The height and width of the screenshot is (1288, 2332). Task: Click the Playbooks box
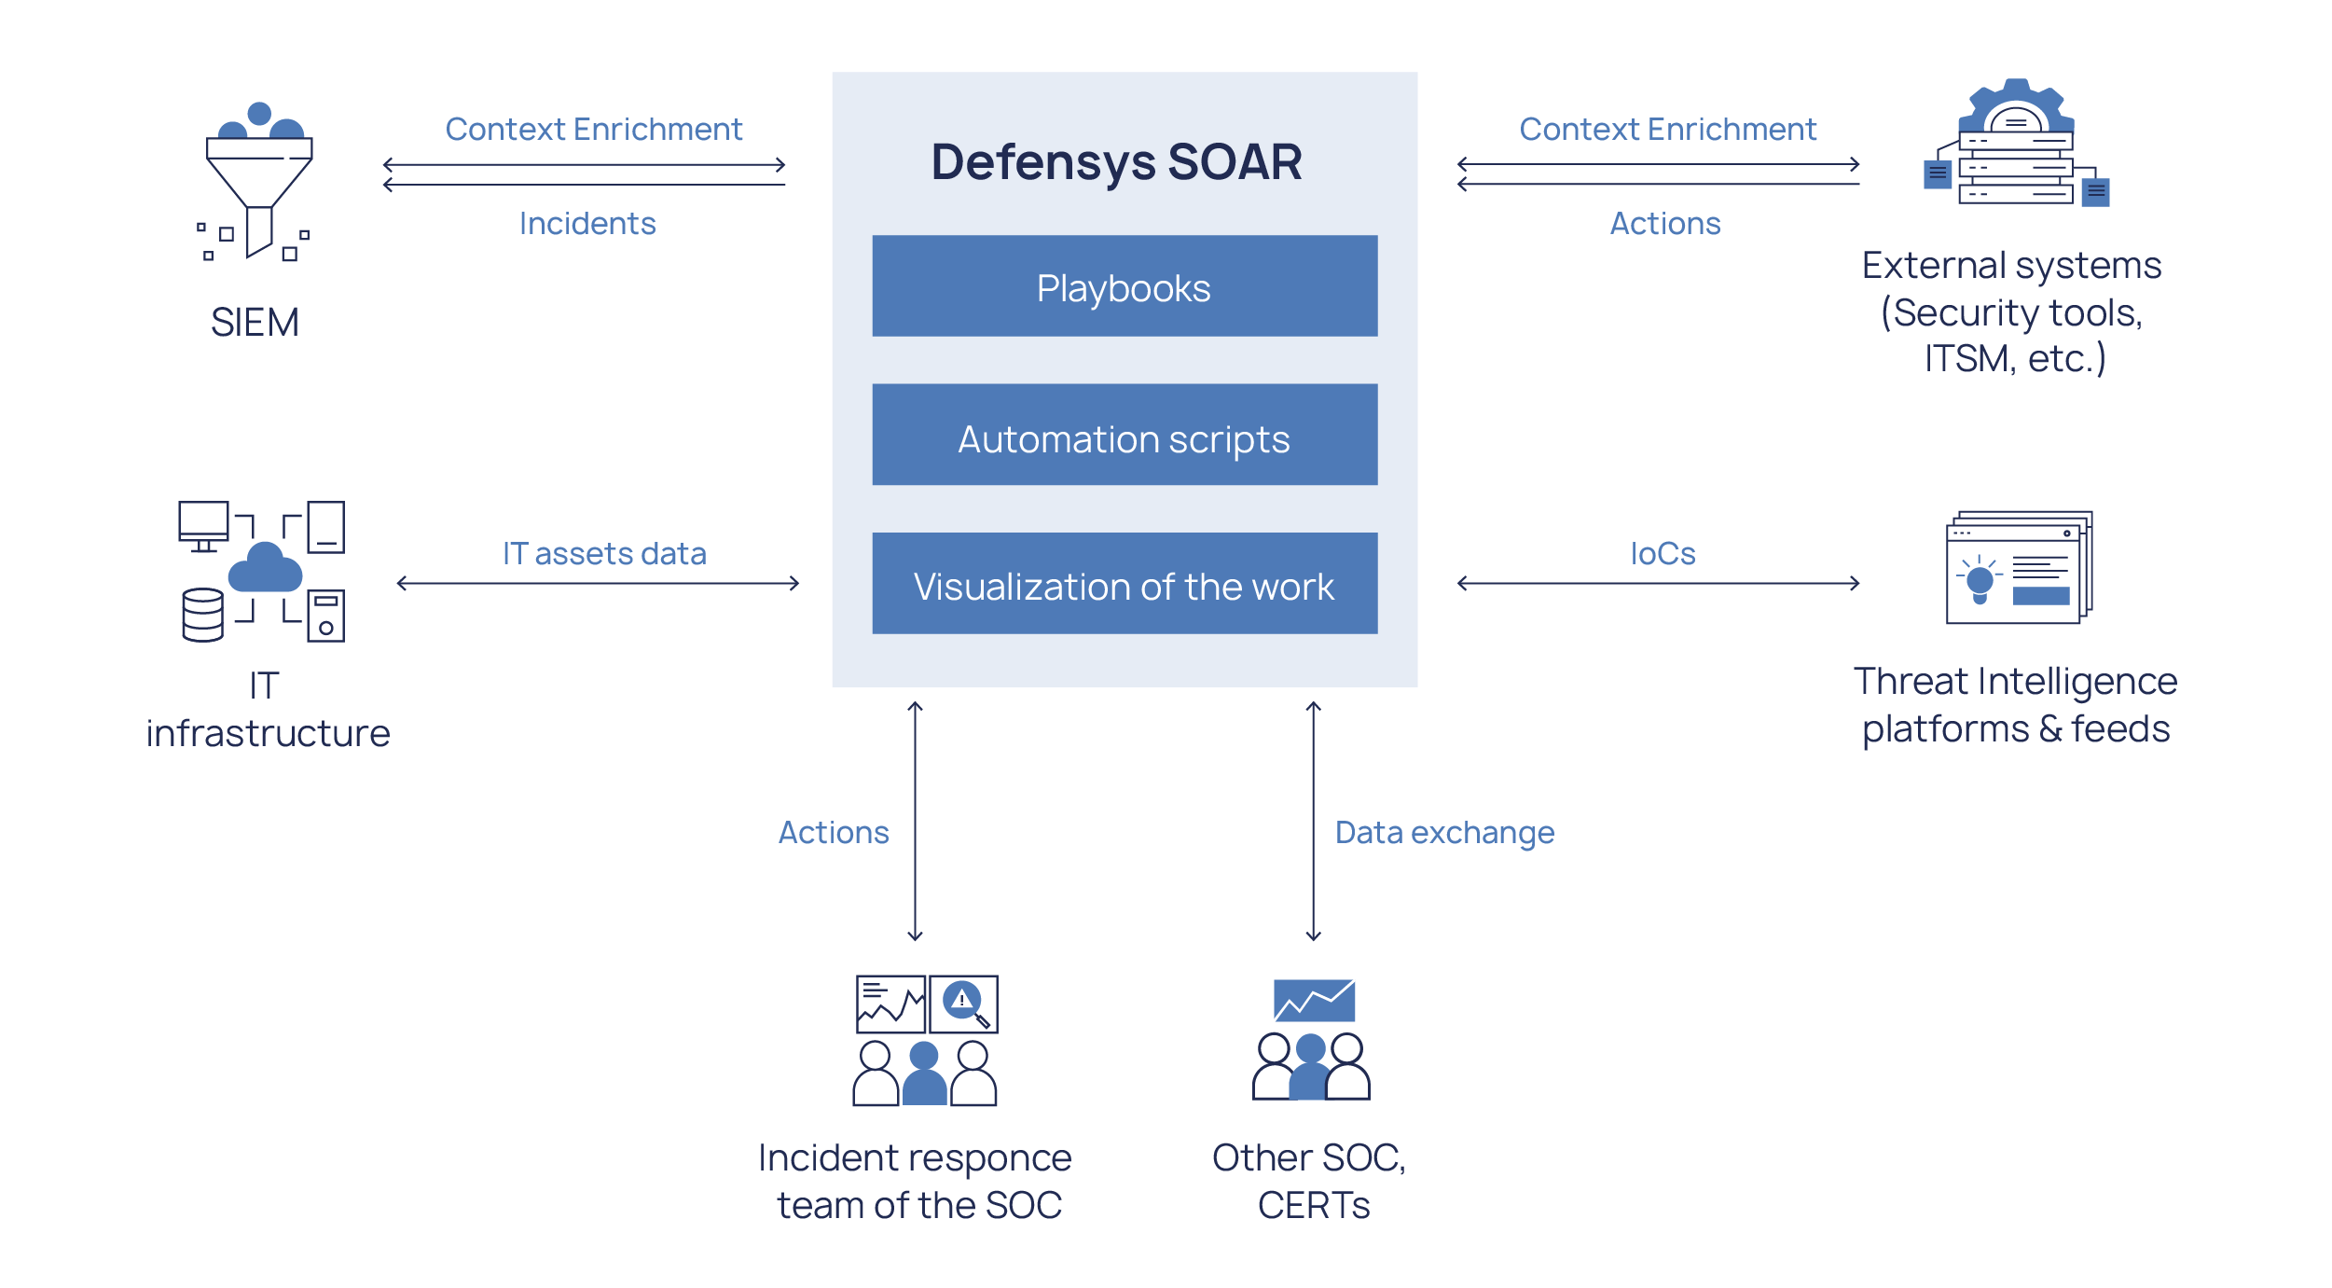(x=1124, y=286)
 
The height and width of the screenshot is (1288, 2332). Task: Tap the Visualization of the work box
(x=1124, y=585)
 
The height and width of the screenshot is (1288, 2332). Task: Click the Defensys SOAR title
(x=1116, y=161)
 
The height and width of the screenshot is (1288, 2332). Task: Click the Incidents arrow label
(x=587, y=224)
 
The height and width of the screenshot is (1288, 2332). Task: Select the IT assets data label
(x=604, y=554)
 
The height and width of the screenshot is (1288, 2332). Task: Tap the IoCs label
(x=1663, y=554)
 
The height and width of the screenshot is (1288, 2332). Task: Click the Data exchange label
(x=1444, y=832)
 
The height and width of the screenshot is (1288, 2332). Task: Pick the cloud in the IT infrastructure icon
(x=265, y=568)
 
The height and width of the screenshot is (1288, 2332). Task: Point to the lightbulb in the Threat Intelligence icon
(x=1980, y=582)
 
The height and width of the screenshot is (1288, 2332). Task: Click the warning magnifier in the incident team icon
(x=963, y=1003)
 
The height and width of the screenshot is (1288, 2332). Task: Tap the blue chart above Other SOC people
(x=1314, y=1000)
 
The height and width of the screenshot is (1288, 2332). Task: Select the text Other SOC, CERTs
(x=1310, y=1181)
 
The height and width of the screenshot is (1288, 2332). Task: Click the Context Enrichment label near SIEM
(x=593, y=130)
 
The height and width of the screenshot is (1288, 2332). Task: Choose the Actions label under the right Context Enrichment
(x=1664, y=224)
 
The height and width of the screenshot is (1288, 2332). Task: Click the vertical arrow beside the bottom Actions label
(x=915, y=821)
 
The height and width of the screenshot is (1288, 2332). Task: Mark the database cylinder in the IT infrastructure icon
(x=202, y=615)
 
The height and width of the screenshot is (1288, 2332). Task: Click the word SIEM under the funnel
(x=255, y=323)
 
